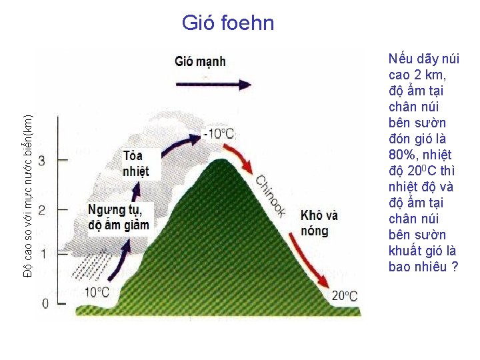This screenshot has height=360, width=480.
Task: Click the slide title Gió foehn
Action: click(228, 23)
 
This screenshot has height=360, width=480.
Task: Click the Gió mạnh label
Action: click(201, 62)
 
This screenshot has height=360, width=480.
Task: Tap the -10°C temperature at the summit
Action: click(219, 134)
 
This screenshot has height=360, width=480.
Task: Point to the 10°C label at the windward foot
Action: click(97, 292)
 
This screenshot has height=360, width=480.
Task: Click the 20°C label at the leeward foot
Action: click(345, 296)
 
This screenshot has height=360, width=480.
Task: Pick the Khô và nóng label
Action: click(319, 223)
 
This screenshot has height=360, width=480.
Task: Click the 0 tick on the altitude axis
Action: click(45, 303)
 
